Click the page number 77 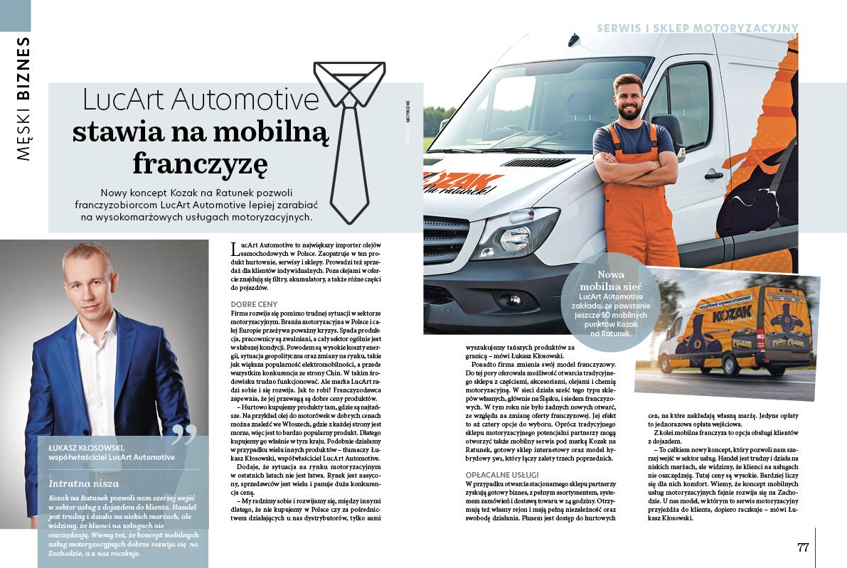803,547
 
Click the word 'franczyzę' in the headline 201,164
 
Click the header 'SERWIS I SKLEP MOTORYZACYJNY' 698,28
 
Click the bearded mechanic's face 628,97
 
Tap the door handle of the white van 713,175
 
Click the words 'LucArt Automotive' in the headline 201,100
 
